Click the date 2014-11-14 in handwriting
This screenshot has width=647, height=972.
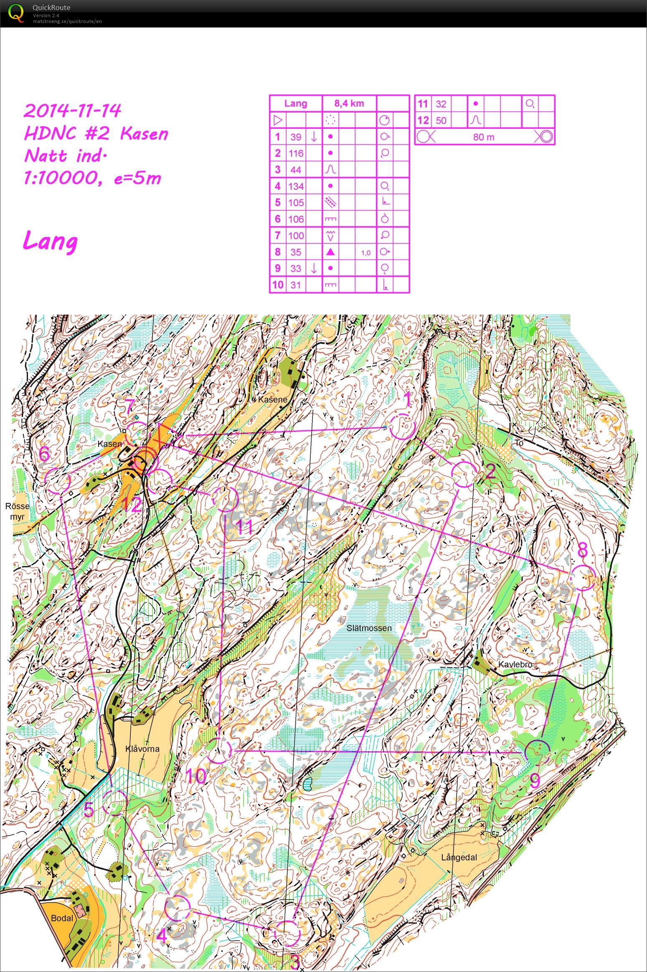point(72,111)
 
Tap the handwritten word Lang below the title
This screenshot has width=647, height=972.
point(50,242)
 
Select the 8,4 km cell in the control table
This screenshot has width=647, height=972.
point(349,104)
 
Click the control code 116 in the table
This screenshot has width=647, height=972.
point(296,153)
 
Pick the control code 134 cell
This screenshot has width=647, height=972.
point(296,186)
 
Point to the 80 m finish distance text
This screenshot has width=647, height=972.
point(484,137)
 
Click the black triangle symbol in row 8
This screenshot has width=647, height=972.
point(330,252)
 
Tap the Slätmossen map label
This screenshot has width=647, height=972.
point(369,628)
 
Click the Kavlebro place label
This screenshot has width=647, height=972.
point(515,664)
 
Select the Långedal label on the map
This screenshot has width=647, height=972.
point(459,858)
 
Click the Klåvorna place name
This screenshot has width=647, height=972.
point(142,749)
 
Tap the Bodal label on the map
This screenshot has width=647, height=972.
point(62,918)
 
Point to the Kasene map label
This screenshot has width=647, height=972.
point(272,400)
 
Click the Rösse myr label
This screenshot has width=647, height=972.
point(17,511)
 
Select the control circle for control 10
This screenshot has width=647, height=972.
point(218,751)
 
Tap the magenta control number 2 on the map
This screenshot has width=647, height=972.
point(490,472)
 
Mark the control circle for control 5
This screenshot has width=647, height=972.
point(114,803)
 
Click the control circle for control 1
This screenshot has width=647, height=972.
point(402,427)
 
